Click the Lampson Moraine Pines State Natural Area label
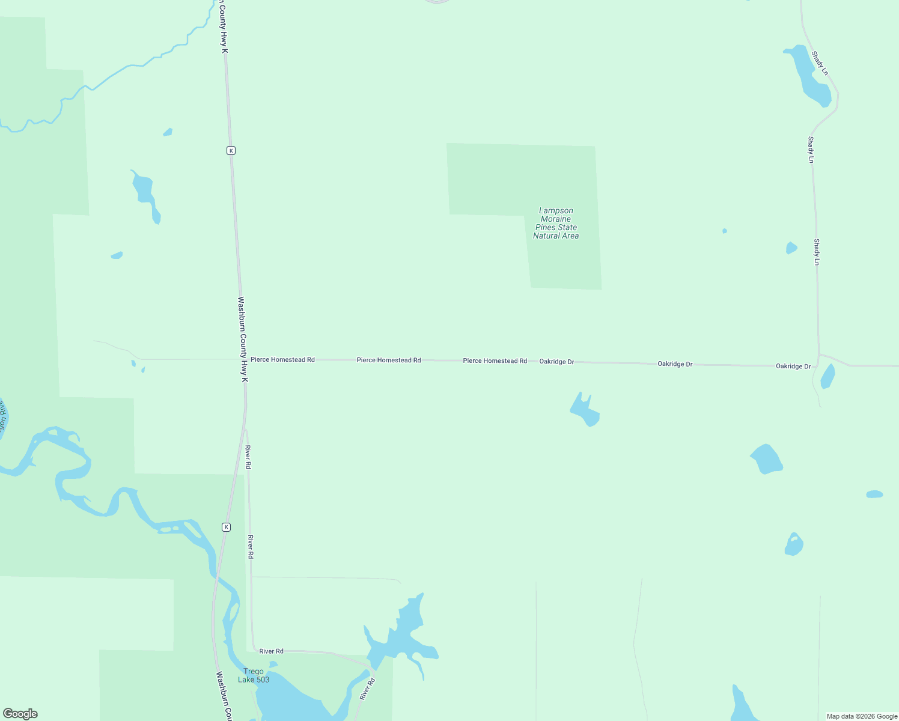click(x=556, y=224)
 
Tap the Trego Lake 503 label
click(x=254, y=675)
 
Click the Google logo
click(x=20, y=713)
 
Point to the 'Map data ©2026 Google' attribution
click(x=861, y=716)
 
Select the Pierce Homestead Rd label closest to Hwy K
click(x=282, y=360)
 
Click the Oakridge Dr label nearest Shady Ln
click(x=793, y=367)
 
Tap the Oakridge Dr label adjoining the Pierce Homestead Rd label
click(x=556, y=362)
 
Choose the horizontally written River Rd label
click(x=271, y=651)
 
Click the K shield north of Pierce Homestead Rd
click(x=231, y=150)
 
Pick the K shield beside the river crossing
click(x=226, y=527)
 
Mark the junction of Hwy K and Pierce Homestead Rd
click(x=244, y=359)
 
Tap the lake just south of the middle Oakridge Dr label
click(x=585, y=412)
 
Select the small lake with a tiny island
click(x=794, y=544)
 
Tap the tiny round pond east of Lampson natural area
click(x=725, y=231)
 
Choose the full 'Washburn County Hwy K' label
click(x=243, y=339)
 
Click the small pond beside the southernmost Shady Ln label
click(x=791, y=248)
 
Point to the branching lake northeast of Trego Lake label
click(x=403, y=637)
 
